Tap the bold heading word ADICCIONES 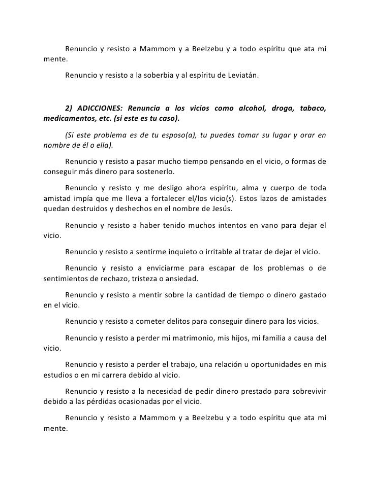100,109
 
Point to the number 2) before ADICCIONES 70,109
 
